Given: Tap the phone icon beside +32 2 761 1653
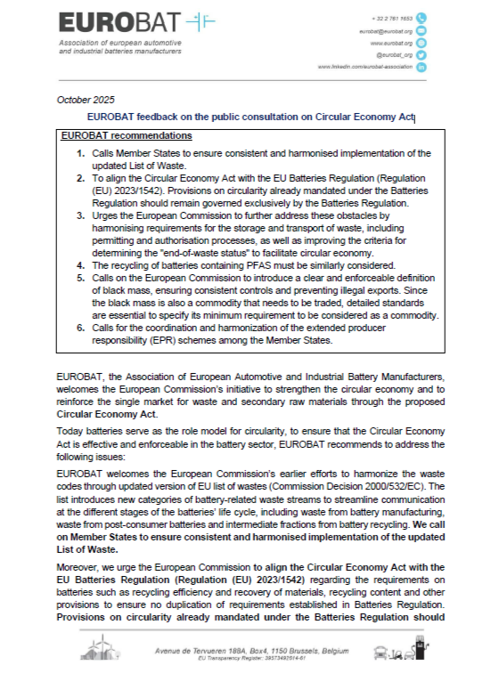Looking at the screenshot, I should click(421, 18).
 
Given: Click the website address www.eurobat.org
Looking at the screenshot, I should click(390, 43).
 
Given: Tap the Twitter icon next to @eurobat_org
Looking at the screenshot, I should click(421, 54).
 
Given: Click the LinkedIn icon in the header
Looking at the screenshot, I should click(421, 67).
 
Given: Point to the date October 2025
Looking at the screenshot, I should click(85, 99).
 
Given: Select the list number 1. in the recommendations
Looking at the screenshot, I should click(80, 153).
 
